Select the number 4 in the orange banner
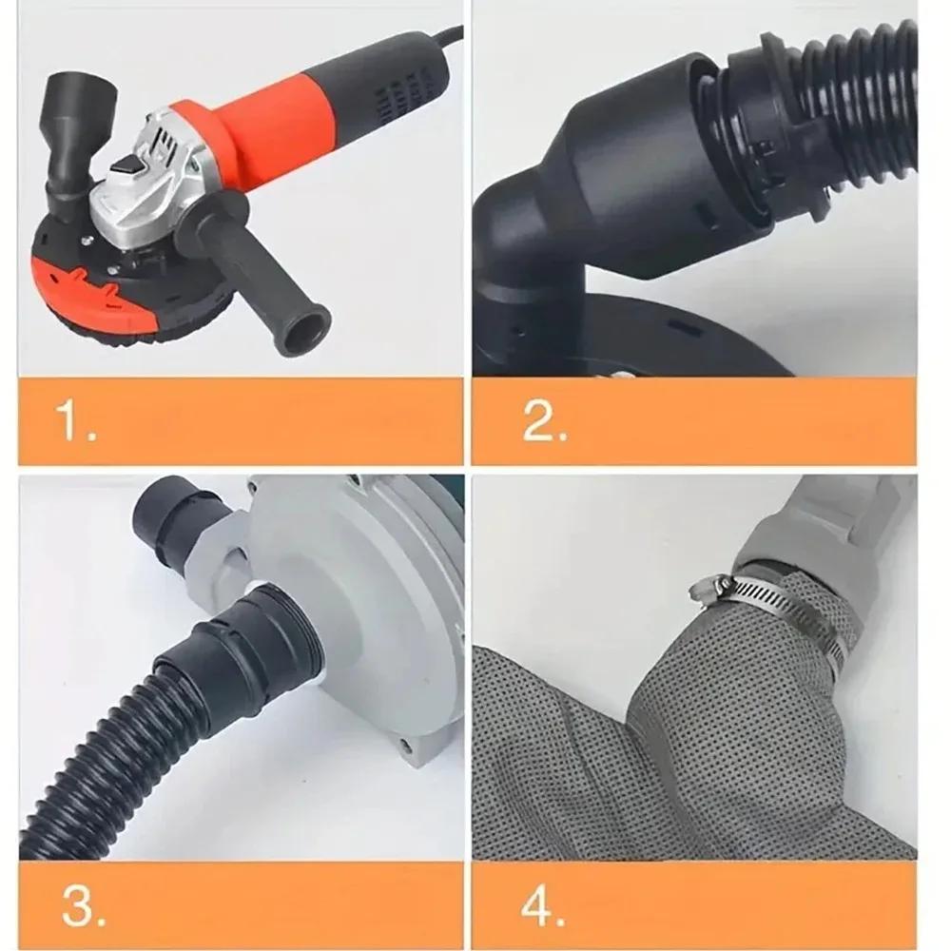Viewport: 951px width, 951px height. pos(542,906)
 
